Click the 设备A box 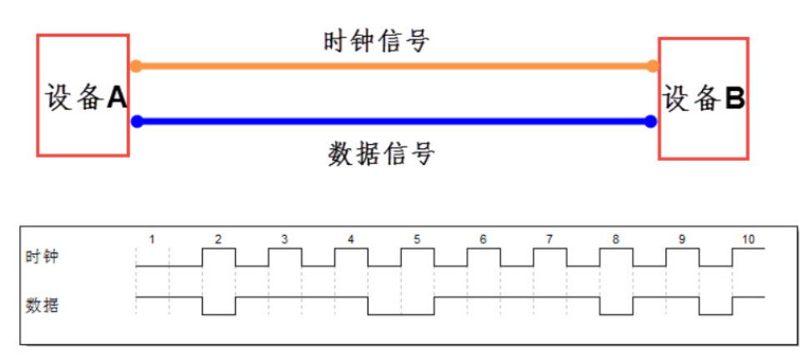click(83, 95)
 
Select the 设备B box click(704, 98)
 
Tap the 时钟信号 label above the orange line click(377, 40)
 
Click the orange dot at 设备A click(137, 66)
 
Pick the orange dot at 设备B click(653, 66)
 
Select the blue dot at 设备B click(651, 122)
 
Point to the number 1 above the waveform click(152, 239)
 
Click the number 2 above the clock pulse click(218, 239)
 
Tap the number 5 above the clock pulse click(417, 239)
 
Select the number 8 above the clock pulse click(615, 239)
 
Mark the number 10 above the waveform click(748, 239)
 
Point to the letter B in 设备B click(734, 99)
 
